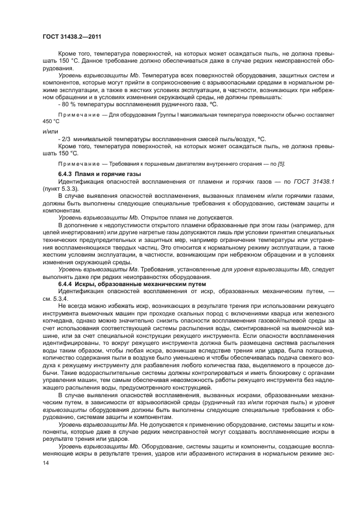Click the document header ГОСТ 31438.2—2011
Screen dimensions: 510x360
[x=72, y=37]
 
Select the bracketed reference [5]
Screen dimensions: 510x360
[x=280, y=164]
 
